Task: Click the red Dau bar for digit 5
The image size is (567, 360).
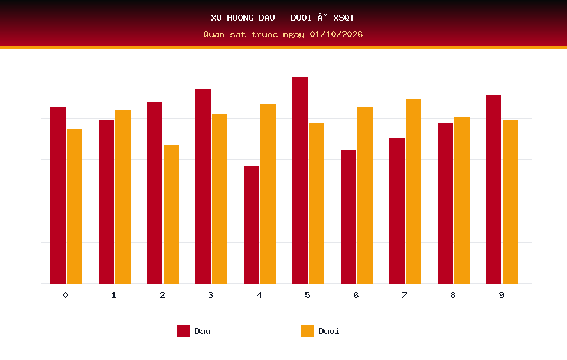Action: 300,180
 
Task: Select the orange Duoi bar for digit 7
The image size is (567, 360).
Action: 413,191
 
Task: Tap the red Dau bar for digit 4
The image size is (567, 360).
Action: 252,225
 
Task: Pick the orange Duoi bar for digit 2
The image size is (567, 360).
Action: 171,214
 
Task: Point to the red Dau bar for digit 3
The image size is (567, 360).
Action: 203,186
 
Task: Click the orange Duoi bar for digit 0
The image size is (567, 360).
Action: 74,207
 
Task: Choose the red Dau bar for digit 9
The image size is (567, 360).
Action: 494,189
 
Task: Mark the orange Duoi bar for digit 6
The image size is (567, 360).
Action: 365,195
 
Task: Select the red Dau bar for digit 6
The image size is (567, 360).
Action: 348,217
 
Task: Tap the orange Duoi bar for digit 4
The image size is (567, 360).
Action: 268,194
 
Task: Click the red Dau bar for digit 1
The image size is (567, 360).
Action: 106,202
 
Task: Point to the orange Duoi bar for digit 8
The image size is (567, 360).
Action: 462,200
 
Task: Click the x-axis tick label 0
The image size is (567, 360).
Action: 66,295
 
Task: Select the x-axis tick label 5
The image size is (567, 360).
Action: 307,295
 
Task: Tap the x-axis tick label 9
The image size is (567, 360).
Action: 501,295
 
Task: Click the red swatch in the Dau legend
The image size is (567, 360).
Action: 183,330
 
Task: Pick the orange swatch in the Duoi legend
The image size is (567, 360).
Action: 307,330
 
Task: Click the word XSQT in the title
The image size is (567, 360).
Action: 344,18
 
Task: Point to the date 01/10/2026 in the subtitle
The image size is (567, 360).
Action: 336,34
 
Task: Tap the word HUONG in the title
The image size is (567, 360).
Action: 240,18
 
